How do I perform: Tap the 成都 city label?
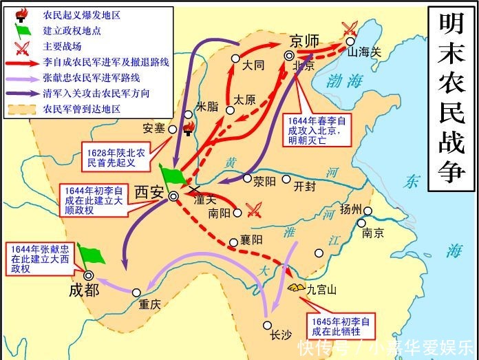pyautogui.click(x=84, y=289)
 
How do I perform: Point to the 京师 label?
pyautogui.click(x=305, y=41)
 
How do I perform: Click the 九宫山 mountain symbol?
pyautogui.click(x=298, y=286)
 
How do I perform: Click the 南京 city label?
pyautogui.click(x=373, y=233)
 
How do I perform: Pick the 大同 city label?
pyautogui.click(x=253, y=67)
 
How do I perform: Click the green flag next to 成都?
pyautogui.click(x=92, y=255)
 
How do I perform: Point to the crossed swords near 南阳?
pyautogui.click(x=255, y=210)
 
